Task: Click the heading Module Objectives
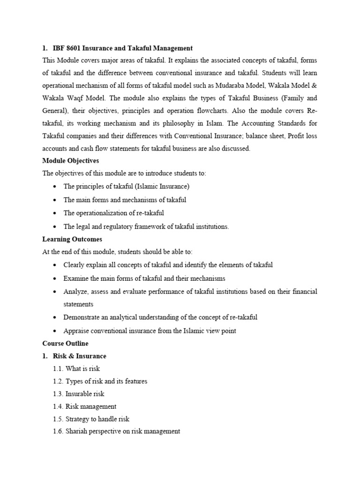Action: pyautogui.click(x=71, y=160)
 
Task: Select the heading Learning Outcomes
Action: pyautogui.click(x=72, y=239)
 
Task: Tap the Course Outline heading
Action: pyautogui.click(x=65, y=344)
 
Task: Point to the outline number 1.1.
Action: pyautogui.click(x=58, y=369)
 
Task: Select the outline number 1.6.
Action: pyautogui.click(x=58, y=431)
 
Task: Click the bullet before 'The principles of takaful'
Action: pyautogui.click(x=55, y=187)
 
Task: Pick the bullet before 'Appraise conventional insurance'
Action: pyautogui.click(x=55, y=331)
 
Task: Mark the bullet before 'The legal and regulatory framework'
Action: pyautogui.click(x=55, y=226)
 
